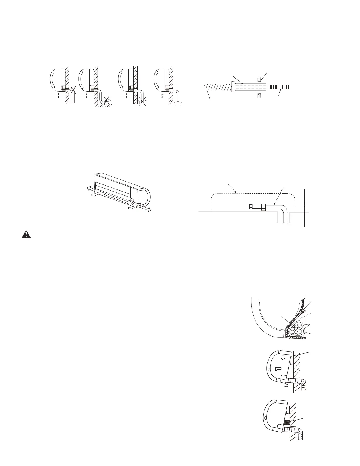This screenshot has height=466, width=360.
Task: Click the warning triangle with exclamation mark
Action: (x=26, y=234)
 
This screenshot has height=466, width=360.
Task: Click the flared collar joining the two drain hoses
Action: (x=234, y=87)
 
